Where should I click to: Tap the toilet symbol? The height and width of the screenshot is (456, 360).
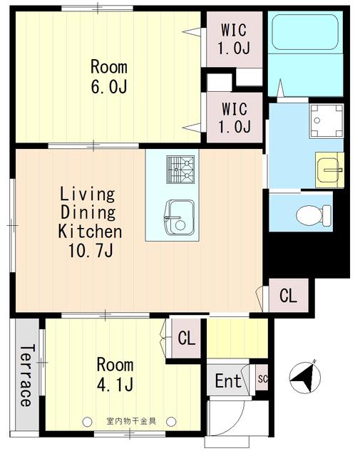(x=314, y=213)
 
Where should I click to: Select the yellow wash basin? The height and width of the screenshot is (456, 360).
(x=330, y=170)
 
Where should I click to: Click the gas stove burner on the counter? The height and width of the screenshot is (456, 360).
(x=180, y=170)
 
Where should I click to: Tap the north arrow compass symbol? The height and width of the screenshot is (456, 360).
(x=304, y=376)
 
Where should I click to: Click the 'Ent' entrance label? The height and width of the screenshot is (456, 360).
(x=228, y=381)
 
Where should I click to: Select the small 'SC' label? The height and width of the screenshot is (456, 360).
(x=262, y=379)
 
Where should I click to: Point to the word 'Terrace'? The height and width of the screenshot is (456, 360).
(x=26, y=375)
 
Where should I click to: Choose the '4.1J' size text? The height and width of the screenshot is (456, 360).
(x=114, y=384)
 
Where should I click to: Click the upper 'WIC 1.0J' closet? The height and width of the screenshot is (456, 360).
(x=235, y=40)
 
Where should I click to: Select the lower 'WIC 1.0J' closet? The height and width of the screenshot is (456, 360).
(x=235, y=118)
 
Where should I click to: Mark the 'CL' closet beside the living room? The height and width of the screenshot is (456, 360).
(x=288, y=295)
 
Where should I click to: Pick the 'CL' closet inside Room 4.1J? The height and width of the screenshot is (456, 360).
(x=186, y=338)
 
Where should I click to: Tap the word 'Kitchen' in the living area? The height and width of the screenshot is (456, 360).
(x=90, y=231)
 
